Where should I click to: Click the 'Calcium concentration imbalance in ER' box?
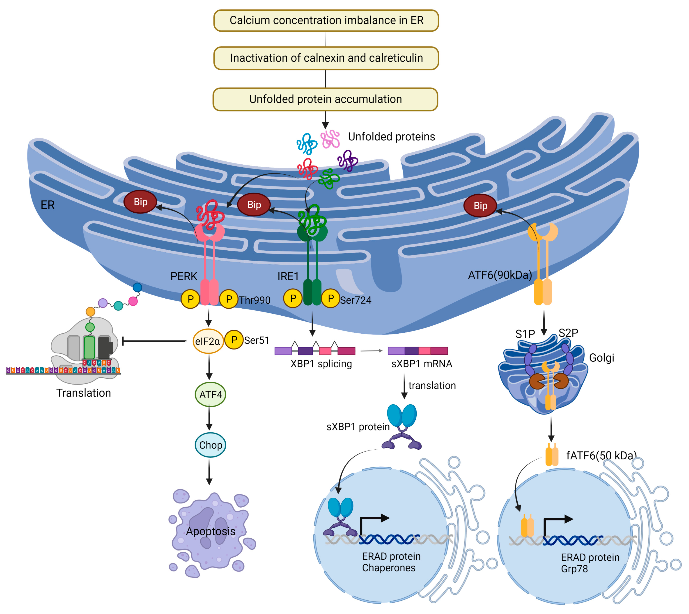tap(326, 21)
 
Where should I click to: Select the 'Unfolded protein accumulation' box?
tap(325, 99)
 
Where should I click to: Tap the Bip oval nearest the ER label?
tap(141, 202)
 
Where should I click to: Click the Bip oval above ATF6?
tap(480, 205)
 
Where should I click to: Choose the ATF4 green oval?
tap(210, 394)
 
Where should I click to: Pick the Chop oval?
tap(210, 445)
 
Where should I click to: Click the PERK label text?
tap(183, 276)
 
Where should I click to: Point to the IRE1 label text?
tap(288, 276)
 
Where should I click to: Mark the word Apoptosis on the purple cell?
tap(211, 531)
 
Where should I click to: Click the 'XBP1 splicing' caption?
tap(321, 364)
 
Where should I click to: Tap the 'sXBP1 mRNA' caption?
tap(422, 364)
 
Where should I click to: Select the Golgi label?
tap(602, 358)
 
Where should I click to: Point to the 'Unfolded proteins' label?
tap(391, 137)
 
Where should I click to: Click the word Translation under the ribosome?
tap(83, 393)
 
